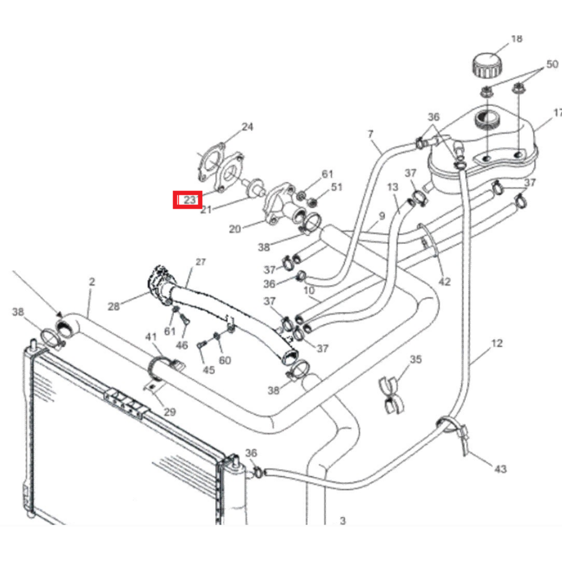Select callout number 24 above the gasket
[x=247, y=127]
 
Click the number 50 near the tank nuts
[x=552, y=64]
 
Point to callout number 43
[x=500, y=468]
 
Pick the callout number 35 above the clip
[x=415, y=359]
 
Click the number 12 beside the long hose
[x=497, y=343]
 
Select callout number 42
[x=445, y=281]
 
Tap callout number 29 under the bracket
[x=170, y=412]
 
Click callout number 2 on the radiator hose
[x=92, y=282]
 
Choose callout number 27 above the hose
[x=201, y=262]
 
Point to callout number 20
[x=235, y=229]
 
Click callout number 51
[x=336, y=187]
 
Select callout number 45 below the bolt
[x=209, y=370]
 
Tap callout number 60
[x=225, y=360]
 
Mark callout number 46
[x=182, y=345]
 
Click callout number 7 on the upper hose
[x=370, y=134]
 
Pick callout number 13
[x=392, y=187]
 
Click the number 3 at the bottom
[x=343, y=521]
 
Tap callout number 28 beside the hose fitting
[x=114, y=306]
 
